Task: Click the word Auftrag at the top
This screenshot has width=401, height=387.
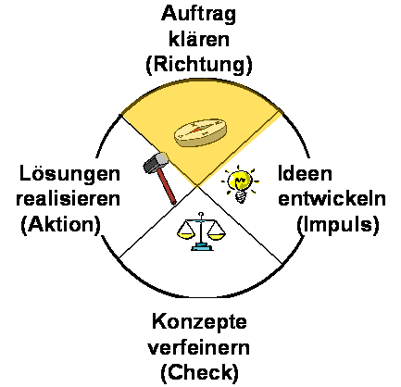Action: coord(198,14)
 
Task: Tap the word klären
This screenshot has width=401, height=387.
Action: coord(199,39)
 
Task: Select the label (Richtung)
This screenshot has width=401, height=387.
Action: coord(199,65)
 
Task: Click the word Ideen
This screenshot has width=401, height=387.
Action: coord(305,173)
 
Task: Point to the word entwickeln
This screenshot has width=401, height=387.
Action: coord(332,198)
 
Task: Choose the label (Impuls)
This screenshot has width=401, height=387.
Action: coord(338,224)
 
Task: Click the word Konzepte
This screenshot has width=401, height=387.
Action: coord(199,322)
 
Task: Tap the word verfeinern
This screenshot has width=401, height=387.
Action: coord(199,347)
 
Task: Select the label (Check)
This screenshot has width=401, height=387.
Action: coord(199,372)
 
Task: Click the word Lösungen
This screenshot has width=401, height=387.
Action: coord(69,173)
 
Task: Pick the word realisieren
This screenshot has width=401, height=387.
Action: coord(68,198)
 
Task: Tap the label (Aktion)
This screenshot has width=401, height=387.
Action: coord(61,224)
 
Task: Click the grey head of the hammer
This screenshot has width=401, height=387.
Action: coord(156,163)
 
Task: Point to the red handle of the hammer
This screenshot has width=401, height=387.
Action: coord(167,187)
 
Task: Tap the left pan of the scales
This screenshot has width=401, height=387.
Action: coord(185,232)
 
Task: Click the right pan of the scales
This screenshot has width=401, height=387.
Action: coord(217,233)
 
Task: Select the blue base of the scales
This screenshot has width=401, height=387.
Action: coord(202,246)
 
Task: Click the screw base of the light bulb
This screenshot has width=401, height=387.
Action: coord(242,197)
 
